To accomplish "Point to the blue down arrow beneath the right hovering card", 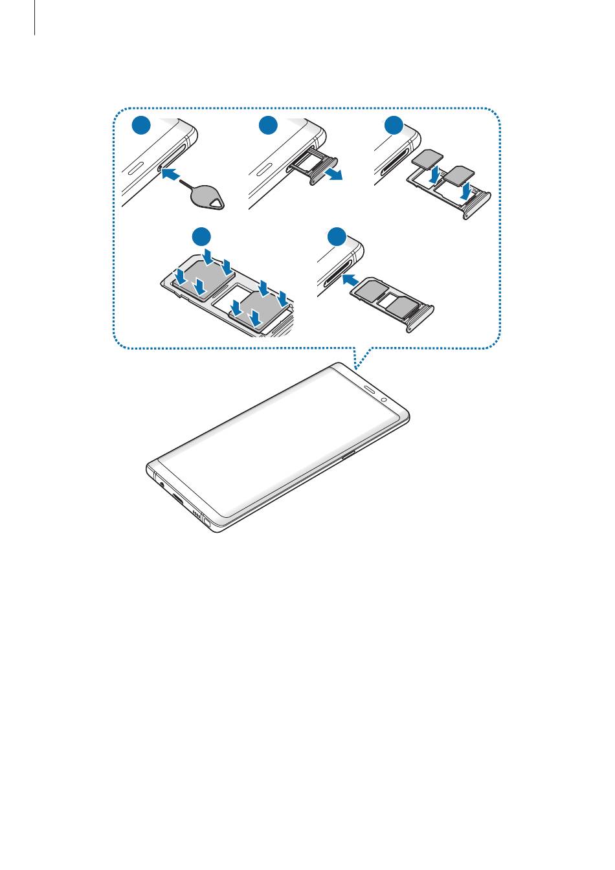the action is click(465, 192).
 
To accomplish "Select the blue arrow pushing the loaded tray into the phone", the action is click(350, 280).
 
